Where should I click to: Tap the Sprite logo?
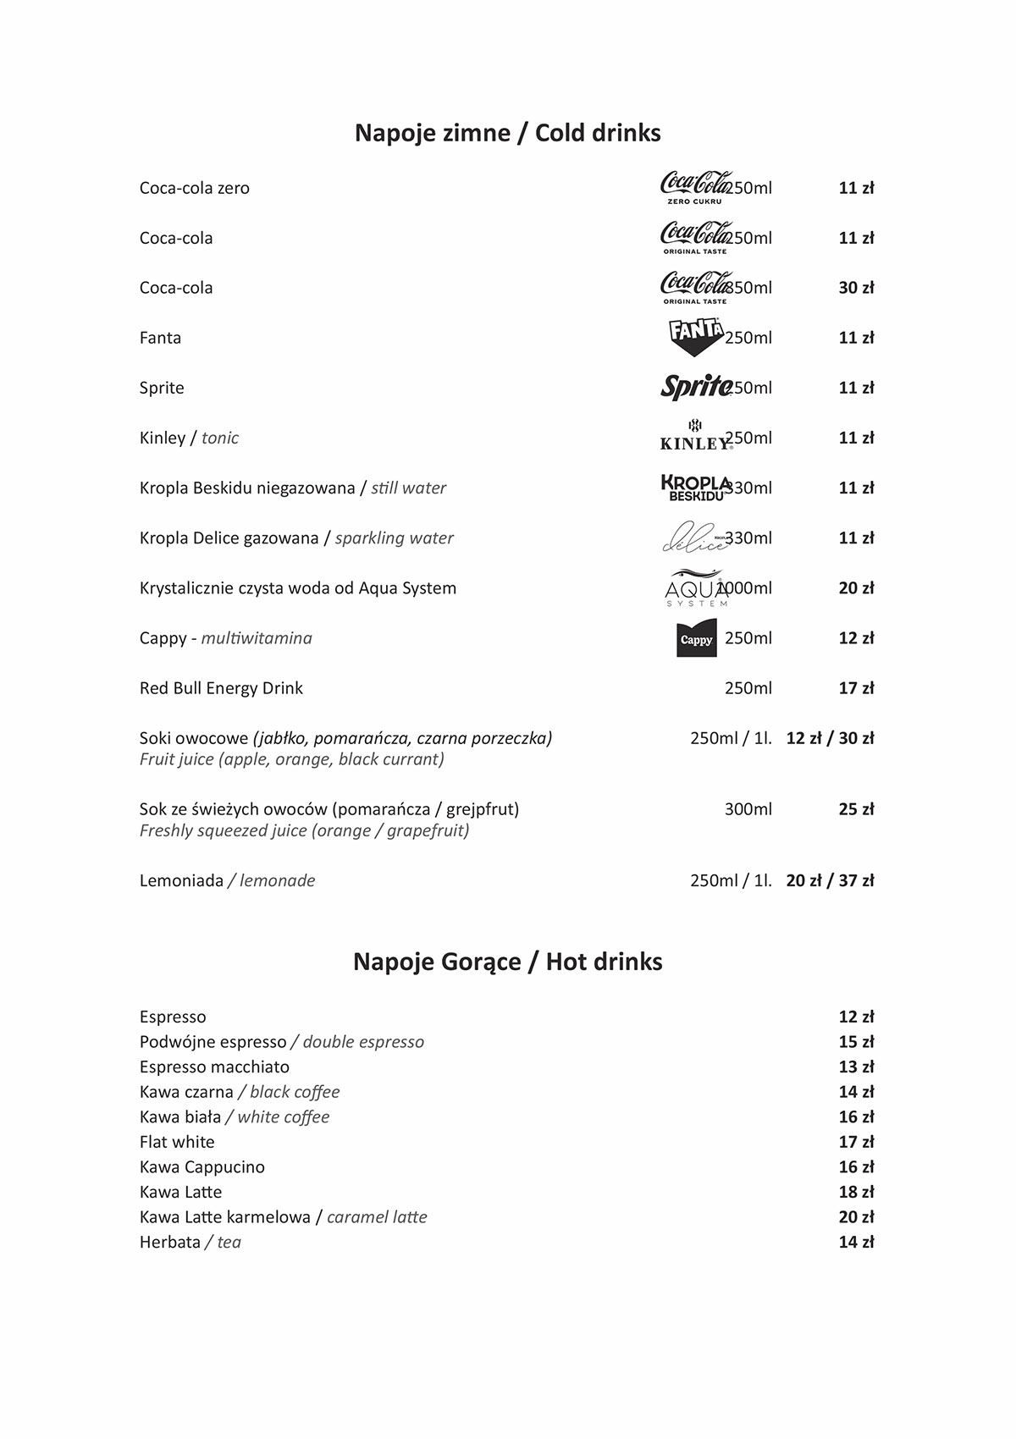(x=696, y=387)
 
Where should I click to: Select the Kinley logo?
(x=695, y=435)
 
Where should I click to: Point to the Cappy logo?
(x=697, y=638)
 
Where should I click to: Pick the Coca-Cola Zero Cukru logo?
(x=694, y=187)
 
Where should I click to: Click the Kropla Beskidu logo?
(x=695, y=488)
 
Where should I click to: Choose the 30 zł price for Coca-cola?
(x=856, y=288)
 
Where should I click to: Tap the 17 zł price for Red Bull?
(x=856, y=688)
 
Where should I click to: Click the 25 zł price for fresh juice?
(x=856, y=809)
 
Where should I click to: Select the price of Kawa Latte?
(x=856, y=1192)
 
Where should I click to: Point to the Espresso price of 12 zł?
(x=856, y=1017)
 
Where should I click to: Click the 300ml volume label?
(x=748, y=809)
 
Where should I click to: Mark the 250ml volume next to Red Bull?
(x=748, y=688)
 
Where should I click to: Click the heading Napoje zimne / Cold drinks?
(x=508, y=133)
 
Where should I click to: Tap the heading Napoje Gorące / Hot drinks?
(x=508, y=962)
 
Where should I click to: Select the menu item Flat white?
(x=177, y=1142)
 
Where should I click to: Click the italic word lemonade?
(x=277, y=880)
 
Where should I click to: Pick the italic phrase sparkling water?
(x=395, y=538)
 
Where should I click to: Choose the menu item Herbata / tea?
(x=190, y=1242)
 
